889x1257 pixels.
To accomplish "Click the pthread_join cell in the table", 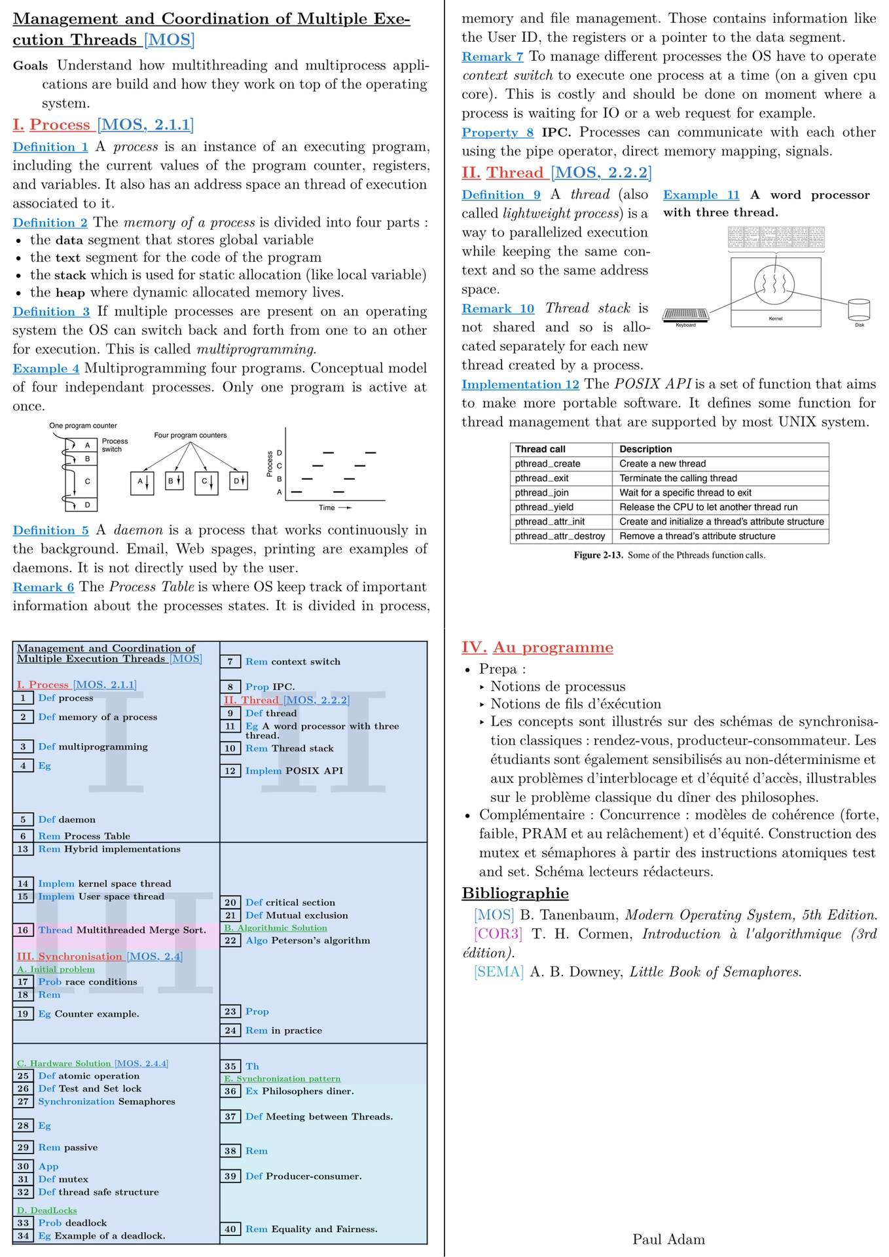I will pyautogui.click(x=541, y=492).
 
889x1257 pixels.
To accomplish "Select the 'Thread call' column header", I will pyautogui.click(x=540, y=449).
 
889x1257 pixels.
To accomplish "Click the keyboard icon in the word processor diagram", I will pyautogui.click(x=685, y=315).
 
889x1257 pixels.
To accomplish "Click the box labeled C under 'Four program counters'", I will pyautogui.click(x=206, y=482).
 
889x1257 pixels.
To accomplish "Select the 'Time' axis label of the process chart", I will pyautogui.click(x=327, y=507).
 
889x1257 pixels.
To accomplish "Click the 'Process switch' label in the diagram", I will pyautogui.click(x=115, y=445).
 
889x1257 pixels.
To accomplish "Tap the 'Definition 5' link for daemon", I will pyautogui.click(x=50, y=530).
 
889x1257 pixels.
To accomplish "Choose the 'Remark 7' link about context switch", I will pyautogui.click(x=492, y=57).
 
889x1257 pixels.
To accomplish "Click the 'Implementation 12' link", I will pyautogui.click(x=520, y=384).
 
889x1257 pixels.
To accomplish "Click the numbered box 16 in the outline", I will pyautogui.click(x=24, y=930).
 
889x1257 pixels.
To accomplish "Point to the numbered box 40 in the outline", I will pyautogui.click(x=230, y=1229).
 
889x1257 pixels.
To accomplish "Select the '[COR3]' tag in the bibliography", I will pyautogui.click(x=498, y=934).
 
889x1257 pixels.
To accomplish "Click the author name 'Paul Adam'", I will pyautogui.click(x=668, y=1239).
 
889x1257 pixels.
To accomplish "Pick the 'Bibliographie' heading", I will pyautogui.click(x=515, y=894).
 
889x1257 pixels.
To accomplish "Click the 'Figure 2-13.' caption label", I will pyautogui.click(x=598, y=555).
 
